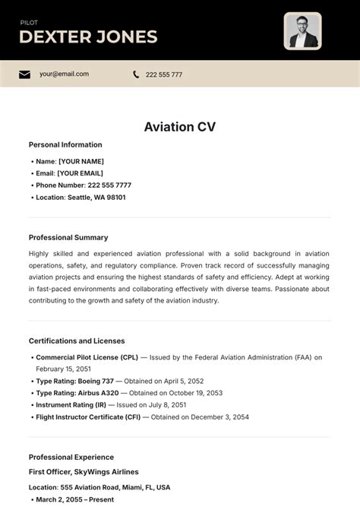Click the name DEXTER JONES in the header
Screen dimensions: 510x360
click(88, 36)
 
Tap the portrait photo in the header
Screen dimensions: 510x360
click(302, 31)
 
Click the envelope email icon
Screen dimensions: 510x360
click(25, 74)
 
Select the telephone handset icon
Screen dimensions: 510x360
click(136, 74)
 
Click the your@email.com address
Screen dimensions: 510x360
click(64, 74)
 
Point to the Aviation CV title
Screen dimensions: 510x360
click(180, 127)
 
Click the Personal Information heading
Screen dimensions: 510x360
click(65, 144)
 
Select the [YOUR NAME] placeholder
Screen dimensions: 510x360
click(81, 161)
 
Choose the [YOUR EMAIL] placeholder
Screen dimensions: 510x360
click(81, 173)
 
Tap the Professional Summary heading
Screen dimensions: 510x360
click(68, 237)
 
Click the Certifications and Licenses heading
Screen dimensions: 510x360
click(77, 341)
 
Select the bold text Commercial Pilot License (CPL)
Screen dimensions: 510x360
click(87, 357)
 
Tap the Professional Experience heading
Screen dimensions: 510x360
click(71, 458)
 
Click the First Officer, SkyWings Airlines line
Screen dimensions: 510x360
click(84, 472)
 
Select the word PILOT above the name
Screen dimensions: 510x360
click(29, 23)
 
